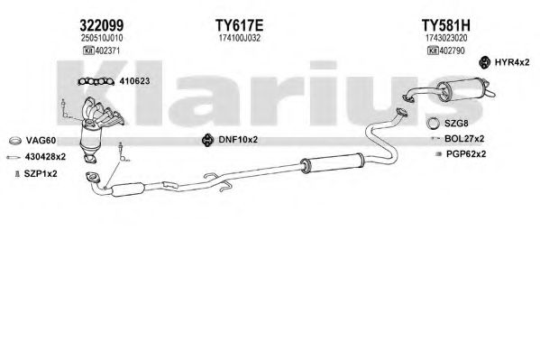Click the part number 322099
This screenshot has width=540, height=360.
click(102, 25)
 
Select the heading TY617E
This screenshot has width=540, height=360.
click(240, 25)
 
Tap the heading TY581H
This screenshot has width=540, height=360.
click(446, 25)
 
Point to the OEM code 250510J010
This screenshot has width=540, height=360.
click(102, 38)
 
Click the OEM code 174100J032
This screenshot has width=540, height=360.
click(240, 38)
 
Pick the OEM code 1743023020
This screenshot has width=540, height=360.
click(446, 38)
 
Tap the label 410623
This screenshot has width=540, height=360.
click(134, 81)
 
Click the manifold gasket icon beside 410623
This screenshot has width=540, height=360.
click(96, 81)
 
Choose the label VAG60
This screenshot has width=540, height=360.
click(41, 141)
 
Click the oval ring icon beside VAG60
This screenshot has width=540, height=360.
click(14, 141)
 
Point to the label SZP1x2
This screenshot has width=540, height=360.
click(41, 174)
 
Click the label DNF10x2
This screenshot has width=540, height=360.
click(238, 140)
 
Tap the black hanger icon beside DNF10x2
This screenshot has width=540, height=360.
click(207, 140)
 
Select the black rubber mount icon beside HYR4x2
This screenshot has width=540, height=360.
click(484, 62)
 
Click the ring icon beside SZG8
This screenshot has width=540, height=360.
click(434, 124)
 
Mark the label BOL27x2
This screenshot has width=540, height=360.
click(464, 139)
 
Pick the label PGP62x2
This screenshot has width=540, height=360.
click(466, 153)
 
